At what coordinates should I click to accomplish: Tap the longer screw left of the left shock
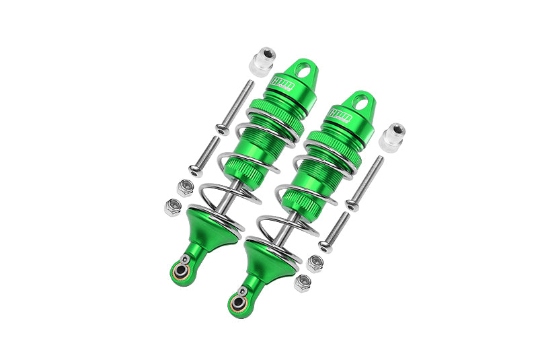[235, 106]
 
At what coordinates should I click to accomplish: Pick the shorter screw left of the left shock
[205, 155]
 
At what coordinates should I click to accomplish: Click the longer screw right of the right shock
[365, 181]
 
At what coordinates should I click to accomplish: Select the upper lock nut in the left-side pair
[186, 186]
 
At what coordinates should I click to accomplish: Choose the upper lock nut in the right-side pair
[314, 263]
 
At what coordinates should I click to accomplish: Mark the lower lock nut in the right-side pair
[303, 283]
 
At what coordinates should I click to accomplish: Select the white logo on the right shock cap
[340, 114]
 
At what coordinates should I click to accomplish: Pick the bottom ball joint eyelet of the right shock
[237, 303]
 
